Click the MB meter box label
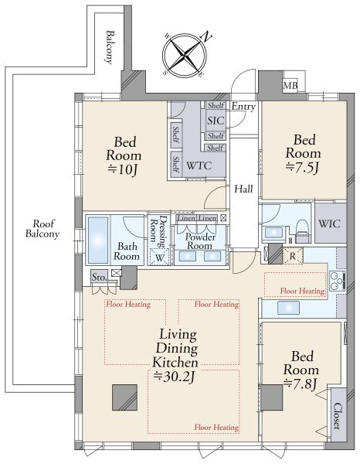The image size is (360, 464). tap(290, 86)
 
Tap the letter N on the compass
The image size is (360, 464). tap(206, 36)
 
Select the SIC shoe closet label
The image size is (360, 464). tap(216, 121)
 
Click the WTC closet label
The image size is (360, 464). tap(199, 165)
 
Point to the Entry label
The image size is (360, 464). tap(243, 107)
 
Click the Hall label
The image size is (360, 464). tap(243, 189)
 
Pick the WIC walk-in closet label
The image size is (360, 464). tap(330, 223)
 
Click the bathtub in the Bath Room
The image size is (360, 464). tap(98, 240)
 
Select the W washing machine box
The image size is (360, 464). tap(160, 257)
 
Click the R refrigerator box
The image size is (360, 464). tap(293, 256)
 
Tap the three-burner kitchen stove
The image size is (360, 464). tap(338, 281)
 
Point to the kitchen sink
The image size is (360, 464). tap(288, 308)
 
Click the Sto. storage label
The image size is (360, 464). tap(99, 278)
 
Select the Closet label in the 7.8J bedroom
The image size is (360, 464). tap(338, 416)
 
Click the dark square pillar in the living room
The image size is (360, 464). tap(124, 397)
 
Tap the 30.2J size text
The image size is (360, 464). tap(175, 377)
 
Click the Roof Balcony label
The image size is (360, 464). tap(42, 229)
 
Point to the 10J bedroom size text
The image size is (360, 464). tap(124, 169)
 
